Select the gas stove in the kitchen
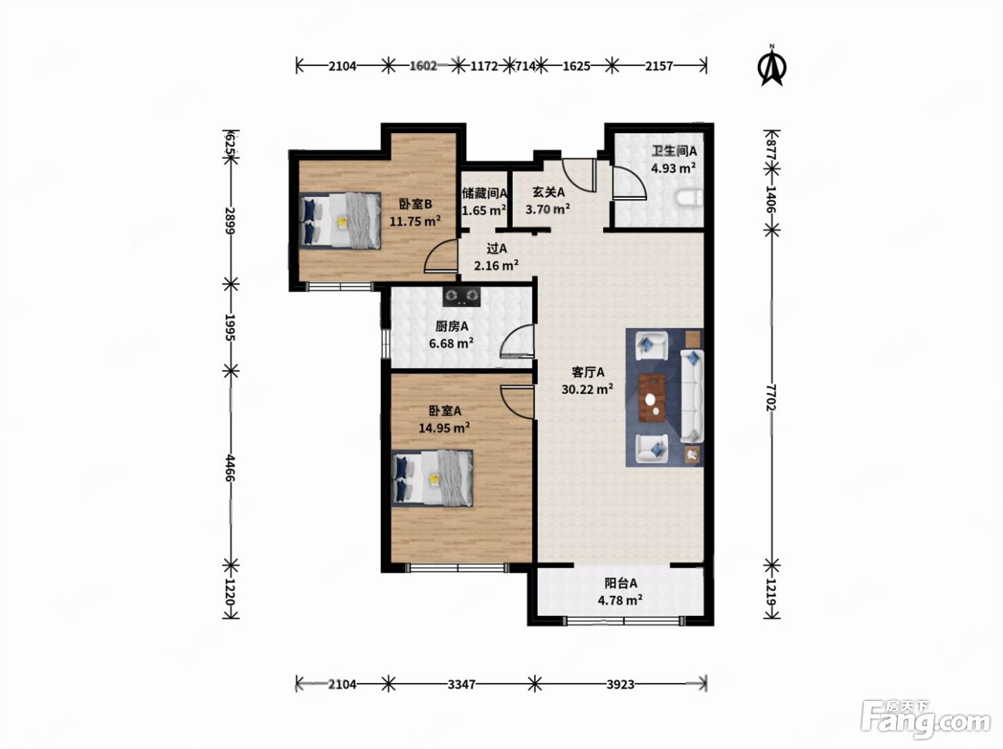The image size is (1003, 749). (x=461, y=296)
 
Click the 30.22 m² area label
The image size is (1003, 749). (x=587, y=389)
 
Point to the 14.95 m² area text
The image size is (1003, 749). (x=445, y=428)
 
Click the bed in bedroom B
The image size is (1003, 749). (x=340, y=221)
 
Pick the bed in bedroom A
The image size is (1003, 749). (x=432, y=478)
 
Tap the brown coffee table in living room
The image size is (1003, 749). (x=652, y=397)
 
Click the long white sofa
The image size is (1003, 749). (x=692, y=396)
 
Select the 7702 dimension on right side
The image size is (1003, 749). (x=772, y=397)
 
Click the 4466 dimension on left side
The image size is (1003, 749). (x=230, y=468)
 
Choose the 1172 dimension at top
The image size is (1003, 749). (x=484, y=66)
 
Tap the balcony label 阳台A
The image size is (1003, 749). (x=620, y=583)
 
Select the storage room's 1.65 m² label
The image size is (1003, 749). (x=484, y=211)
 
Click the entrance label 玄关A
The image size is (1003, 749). (x=548, y=192)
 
